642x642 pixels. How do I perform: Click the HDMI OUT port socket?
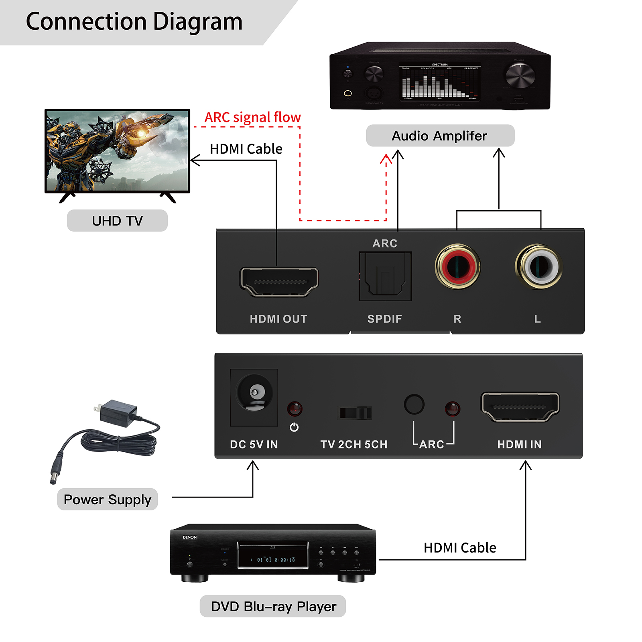pyautogui.click(x=279, y=281)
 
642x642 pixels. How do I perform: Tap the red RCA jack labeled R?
pyautogui.click(x=457, y=266)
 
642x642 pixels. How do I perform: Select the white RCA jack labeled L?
pyautogui.click(x=538, y=266)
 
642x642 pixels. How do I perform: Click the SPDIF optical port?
pyautogui.click(x=385, y=276)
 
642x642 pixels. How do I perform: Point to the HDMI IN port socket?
pyautogui.click(x=520, y=406)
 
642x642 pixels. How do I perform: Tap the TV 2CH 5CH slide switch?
pyautogui.click(x=356, y=412)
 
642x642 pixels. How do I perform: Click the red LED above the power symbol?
pyautogui.click(x=295, y=409)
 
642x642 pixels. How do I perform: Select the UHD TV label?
pyautogui.click(x=117, y=221)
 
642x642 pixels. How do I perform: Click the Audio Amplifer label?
pyautogui.click(x=440, y=136)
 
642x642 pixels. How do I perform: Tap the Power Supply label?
pyautogui.click(x=108, y=499)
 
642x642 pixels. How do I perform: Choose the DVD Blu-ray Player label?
pyautogui.click(x=273, y=606)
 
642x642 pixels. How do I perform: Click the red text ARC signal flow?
pyautogui.click(x=252, y=117)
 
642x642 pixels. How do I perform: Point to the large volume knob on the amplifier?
pyautogui.click(x=520, y=75)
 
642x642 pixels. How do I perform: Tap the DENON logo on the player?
pyautogui.click(x=190, y=537)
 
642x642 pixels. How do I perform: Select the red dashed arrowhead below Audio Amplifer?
pyautogui.click(x=386, y=159)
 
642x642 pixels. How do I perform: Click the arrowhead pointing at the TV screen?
pyautogui.click(x=195, y=160)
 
